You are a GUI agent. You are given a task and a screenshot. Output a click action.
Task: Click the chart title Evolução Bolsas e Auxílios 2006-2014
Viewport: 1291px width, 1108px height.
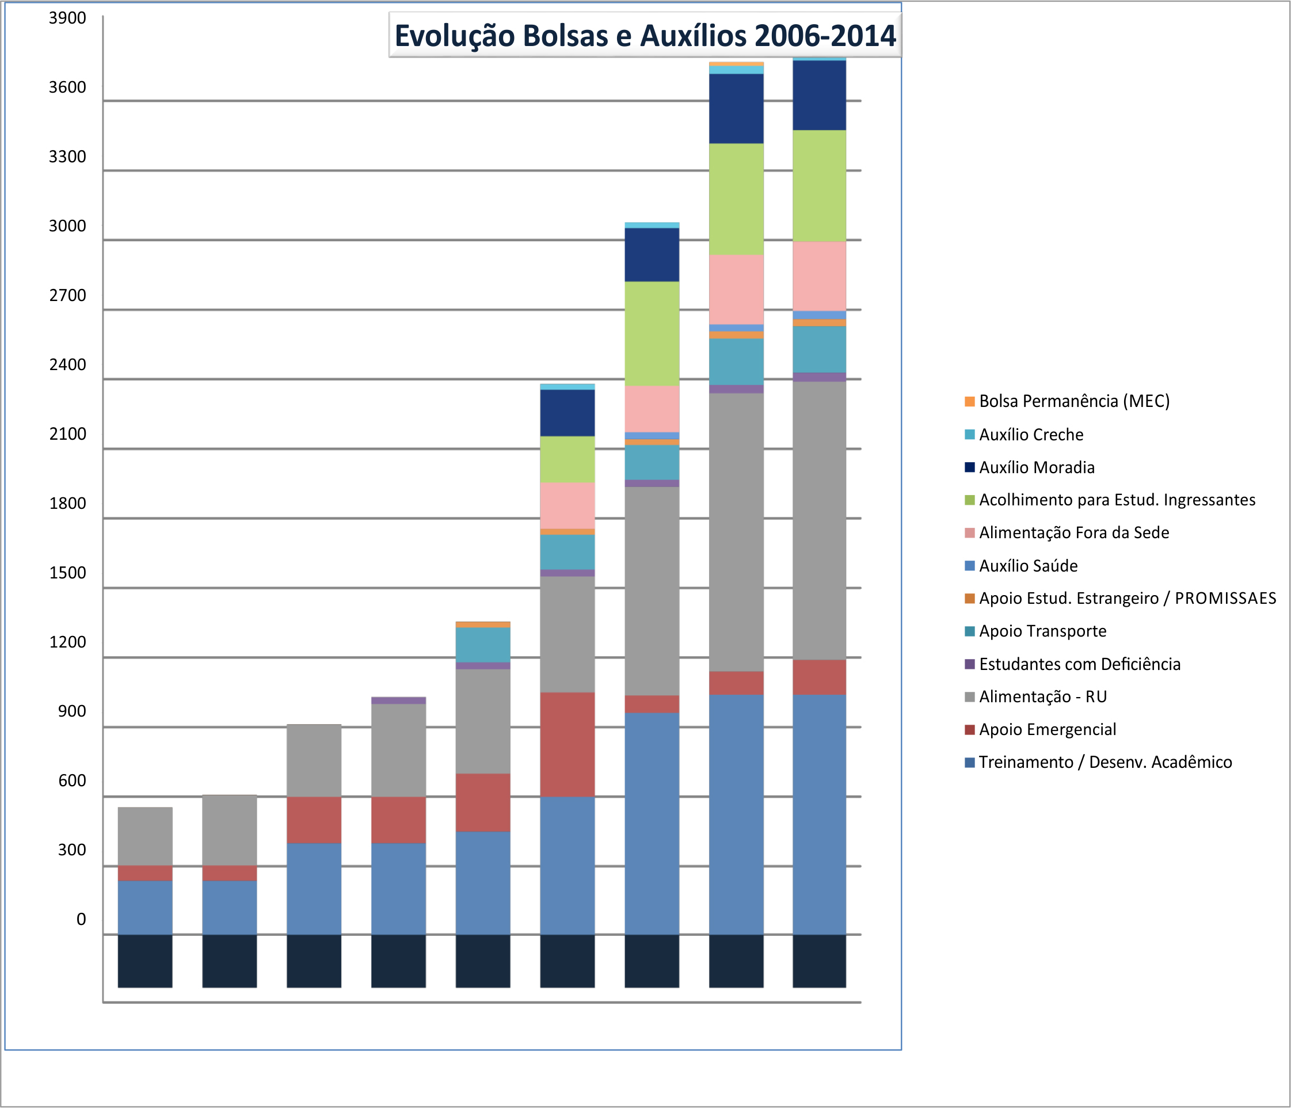point(645,36)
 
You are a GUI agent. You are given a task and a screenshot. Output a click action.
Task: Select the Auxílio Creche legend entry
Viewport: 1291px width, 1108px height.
point(1031,435)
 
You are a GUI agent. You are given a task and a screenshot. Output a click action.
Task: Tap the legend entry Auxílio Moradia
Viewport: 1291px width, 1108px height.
point(1036,467)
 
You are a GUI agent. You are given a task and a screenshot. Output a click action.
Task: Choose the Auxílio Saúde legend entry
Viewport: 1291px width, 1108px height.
point(1028,566)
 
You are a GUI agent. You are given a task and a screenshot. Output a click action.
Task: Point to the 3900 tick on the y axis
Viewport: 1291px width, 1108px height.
point(67,18)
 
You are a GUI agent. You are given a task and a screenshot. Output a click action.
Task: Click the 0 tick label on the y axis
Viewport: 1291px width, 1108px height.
point(81,919)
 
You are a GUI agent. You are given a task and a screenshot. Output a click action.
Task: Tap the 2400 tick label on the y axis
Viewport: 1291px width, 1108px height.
point(67,364)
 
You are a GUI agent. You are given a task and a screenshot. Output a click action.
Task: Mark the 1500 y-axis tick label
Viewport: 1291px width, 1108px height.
point(67,573)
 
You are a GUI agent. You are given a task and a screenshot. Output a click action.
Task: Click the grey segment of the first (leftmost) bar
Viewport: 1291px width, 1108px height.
point(145,836)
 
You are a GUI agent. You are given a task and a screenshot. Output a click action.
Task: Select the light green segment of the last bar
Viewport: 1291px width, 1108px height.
point(820,186)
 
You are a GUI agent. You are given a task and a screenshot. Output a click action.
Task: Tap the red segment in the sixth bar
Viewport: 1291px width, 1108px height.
point(567,744)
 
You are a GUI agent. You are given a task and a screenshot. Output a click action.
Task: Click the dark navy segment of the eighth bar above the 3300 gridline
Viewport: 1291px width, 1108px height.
point(737,109)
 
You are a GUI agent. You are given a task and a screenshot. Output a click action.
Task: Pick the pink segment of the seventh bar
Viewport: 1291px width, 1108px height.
point(652,409)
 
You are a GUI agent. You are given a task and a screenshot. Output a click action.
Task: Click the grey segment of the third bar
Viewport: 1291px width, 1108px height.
point(314,760)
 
